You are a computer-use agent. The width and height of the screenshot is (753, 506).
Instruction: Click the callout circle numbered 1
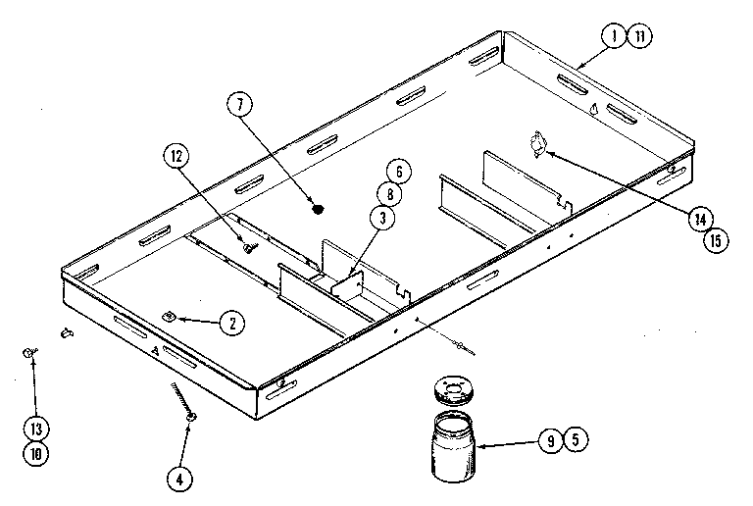(613, 36)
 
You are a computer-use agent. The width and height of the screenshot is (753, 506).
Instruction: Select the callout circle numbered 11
(638, 36)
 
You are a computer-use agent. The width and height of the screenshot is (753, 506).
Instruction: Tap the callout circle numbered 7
(238, 104)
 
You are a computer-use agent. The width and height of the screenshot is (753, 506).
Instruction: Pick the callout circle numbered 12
(176, 155)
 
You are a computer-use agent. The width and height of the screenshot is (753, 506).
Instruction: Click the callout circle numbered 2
(231, 323)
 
